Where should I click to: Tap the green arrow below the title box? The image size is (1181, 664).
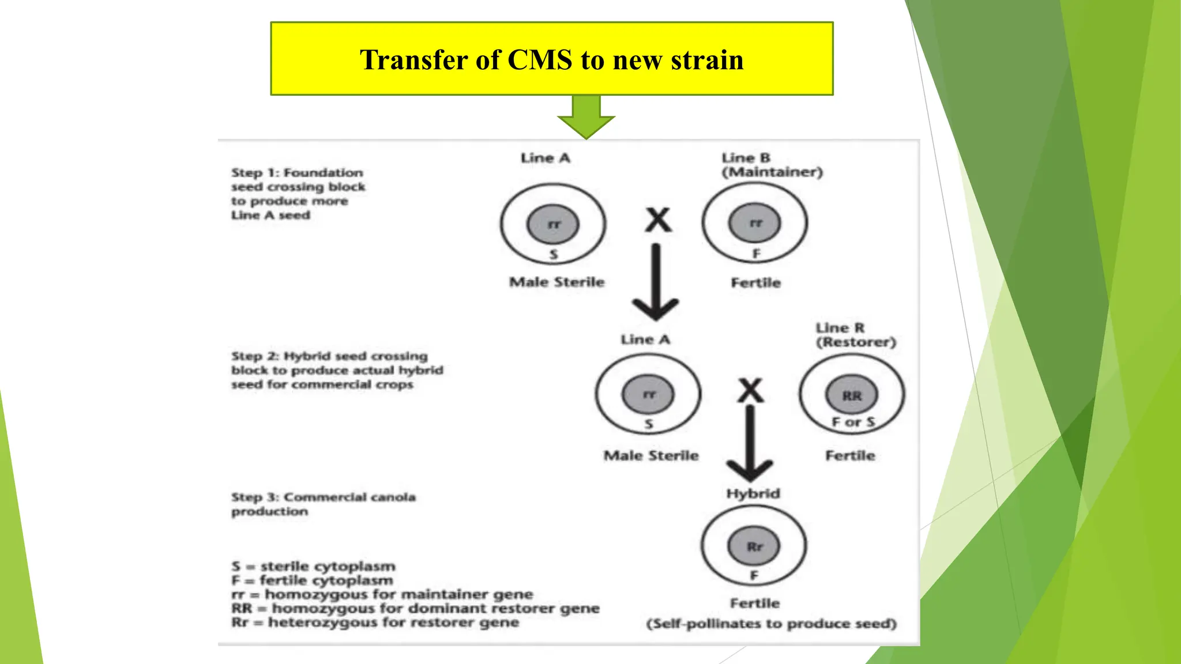(586, 117)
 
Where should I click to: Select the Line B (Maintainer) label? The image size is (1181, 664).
(772, 165)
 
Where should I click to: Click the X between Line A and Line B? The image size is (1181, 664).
(658, 220)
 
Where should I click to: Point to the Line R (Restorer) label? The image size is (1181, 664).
(855, 335)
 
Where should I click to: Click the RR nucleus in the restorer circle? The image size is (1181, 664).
(852, 395)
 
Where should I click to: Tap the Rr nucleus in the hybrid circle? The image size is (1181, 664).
(754, 546)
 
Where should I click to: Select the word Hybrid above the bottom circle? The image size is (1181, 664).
(753, 493)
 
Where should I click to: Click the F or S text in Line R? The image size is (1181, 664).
(853, 422)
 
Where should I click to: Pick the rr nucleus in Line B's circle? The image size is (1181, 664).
(755, 223)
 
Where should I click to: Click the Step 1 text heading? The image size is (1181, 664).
(298, 173)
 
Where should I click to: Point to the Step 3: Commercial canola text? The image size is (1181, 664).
(323, 497)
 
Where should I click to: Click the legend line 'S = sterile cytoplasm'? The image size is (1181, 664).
(314, 566)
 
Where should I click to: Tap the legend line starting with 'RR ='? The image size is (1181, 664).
(415, 609)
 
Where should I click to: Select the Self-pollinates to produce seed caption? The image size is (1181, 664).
(771, 624)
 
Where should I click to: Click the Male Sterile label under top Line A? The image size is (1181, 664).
(556, 282)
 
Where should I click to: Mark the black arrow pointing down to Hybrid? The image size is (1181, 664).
(749, 444)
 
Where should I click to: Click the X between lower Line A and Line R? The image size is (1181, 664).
(751, 391)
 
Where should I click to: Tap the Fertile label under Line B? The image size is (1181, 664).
(755, 282)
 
